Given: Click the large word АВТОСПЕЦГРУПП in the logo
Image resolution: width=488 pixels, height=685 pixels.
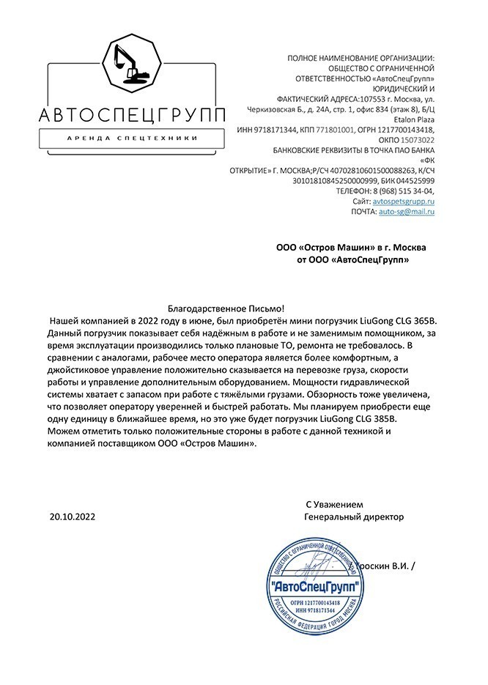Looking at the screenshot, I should (x=122, y=116).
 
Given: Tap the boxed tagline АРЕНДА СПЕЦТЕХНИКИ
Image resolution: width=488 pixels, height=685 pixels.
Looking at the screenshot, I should (x=122, y=138).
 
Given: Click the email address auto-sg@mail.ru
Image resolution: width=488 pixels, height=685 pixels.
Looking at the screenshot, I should (x=407, y=211).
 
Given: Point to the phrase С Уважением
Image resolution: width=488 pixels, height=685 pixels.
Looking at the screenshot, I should (x=334, y=505).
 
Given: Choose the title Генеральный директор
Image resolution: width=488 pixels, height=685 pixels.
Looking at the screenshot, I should (x=353, y=516).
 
